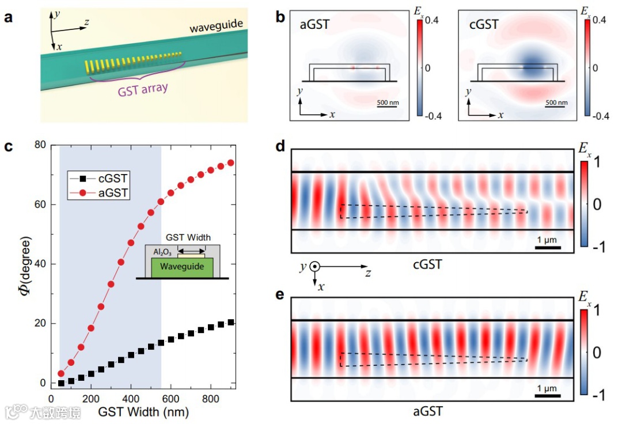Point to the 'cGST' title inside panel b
(484, 25)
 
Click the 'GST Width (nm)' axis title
(143, 412)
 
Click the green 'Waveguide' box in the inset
(182, 267)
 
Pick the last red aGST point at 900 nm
(230, 163)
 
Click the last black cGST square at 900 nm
(230, 322)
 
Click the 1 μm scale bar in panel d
(548, 247)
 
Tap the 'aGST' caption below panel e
(428, 411)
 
